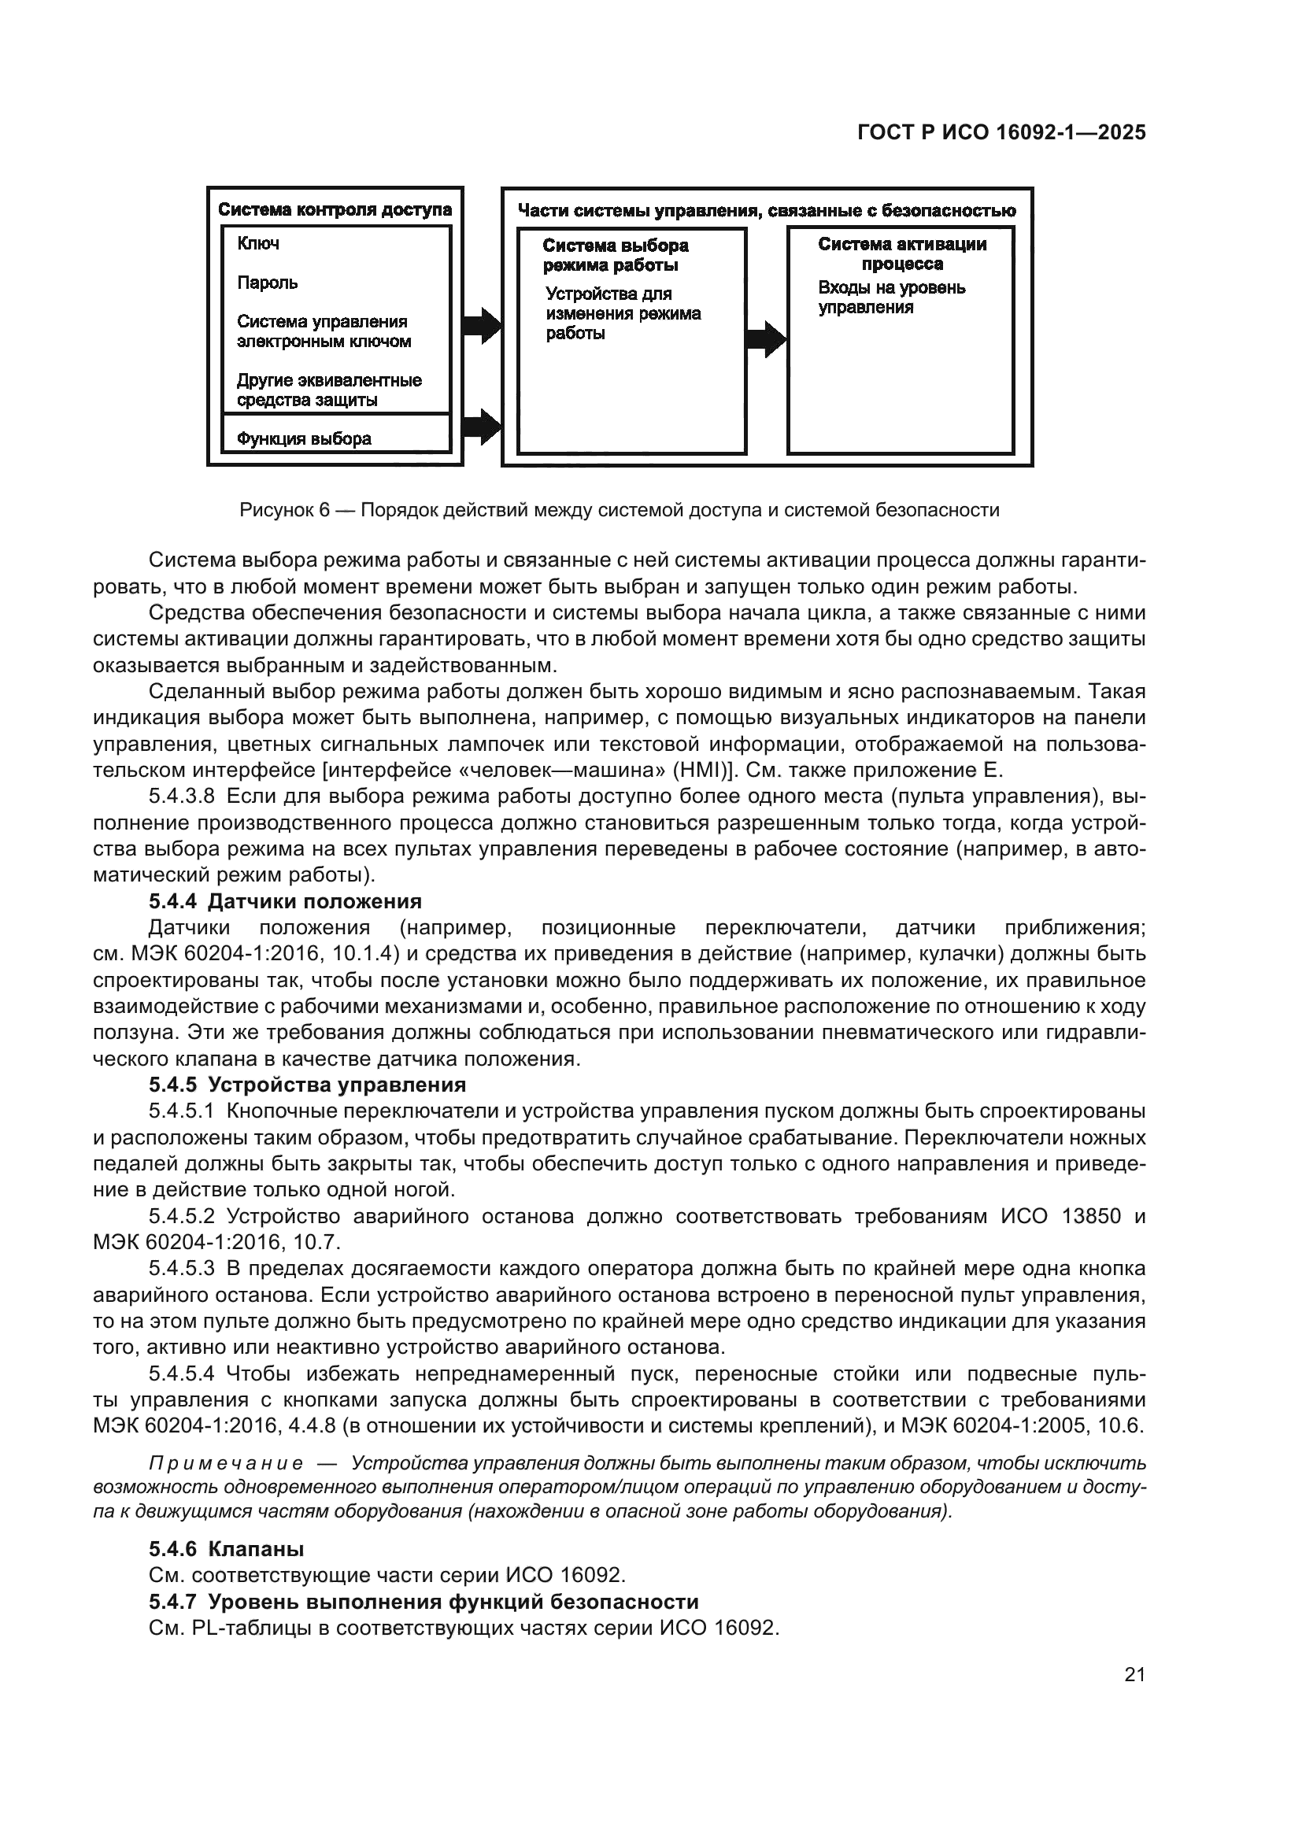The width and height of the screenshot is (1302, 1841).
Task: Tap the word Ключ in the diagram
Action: [x=258, y=244]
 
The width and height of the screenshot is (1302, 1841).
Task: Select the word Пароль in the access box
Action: [x=267, y=283]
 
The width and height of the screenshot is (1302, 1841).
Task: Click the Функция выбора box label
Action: [x=304, y=438]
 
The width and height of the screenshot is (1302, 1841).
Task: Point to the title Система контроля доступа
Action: [x=335, y=210]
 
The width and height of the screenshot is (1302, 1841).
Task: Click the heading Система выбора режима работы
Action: [x=615, y=255]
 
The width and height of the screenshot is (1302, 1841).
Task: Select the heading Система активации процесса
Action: [x=902, y=253]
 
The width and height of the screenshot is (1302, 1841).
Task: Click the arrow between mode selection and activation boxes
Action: [x=767, y=338]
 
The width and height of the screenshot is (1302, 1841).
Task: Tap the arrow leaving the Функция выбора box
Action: [x=481, y=426]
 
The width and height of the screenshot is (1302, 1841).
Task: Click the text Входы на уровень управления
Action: [x=892, y=298]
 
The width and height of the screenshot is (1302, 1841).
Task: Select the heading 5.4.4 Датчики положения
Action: [x=285, y=901]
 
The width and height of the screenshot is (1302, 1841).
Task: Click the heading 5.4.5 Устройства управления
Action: [x=307, y=1085]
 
